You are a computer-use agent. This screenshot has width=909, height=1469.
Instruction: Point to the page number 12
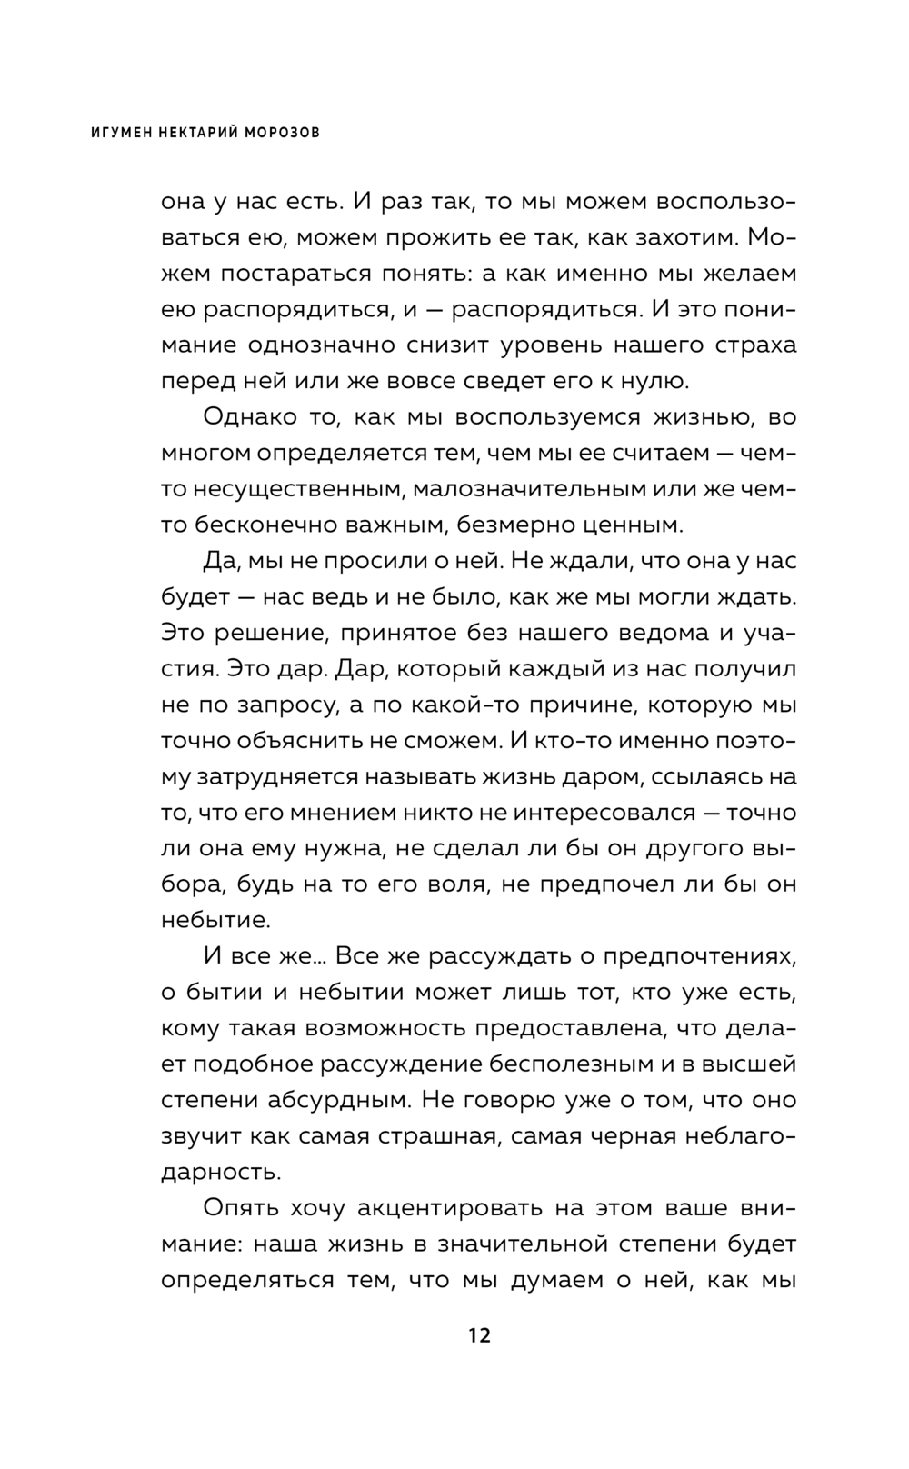point(479,1335)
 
